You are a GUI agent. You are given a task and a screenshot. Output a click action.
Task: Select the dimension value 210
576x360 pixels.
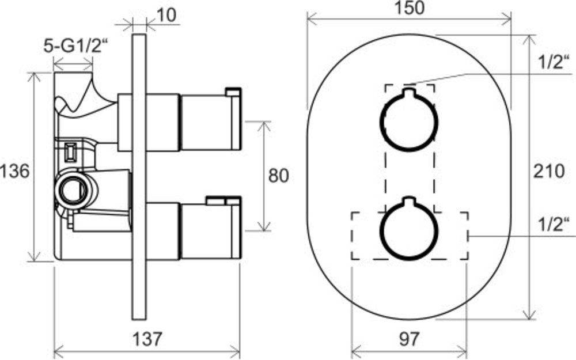549,171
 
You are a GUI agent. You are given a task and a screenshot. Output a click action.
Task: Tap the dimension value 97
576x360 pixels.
408,339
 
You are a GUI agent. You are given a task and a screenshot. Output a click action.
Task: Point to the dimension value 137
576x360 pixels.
147,339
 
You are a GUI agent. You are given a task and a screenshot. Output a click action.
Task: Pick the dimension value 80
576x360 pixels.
278,176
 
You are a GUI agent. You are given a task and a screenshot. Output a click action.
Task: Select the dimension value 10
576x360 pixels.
166,16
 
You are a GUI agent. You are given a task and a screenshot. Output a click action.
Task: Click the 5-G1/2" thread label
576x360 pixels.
77,46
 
